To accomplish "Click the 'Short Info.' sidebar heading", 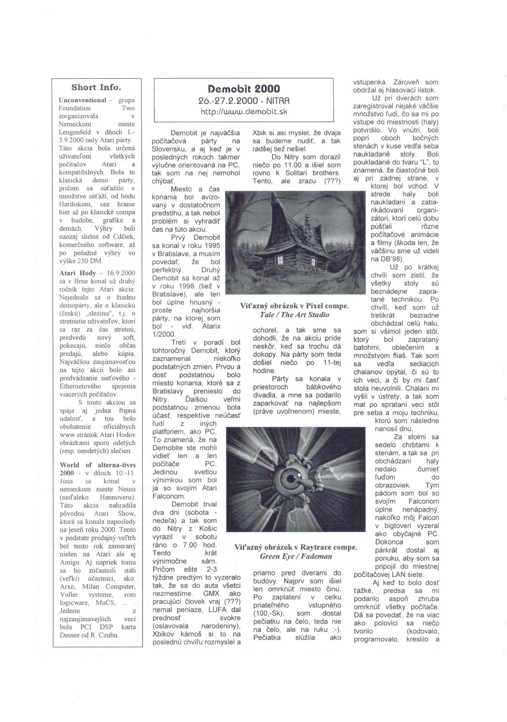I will pyautogui.click(x=96, y=88).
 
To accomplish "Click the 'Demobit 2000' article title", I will pyautogui.click(x=244, y=89).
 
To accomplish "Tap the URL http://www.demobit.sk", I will pyautogui.click(x=243, y=112).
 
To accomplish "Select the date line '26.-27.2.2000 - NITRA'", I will pyautogui.click(x=244, y=101).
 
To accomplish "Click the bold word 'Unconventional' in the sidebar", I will pyautogui.click(x=82, y=100).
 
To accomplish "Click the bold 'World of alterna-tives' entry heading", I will pyautogui.click(x=97, y=465).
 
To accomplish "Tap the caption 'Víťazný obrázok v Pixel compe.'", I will pyautogui.click(x=294, y=306).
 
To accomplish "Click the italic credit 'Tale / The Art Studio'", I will pyautogui.click(x=294, y=315).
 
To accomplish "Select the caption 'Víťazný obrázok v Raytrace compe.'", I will pyautogui.click(x=296, y=547).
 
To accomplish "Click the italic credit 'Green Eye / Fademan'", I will pyautogui.click(x=296, y=556).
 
